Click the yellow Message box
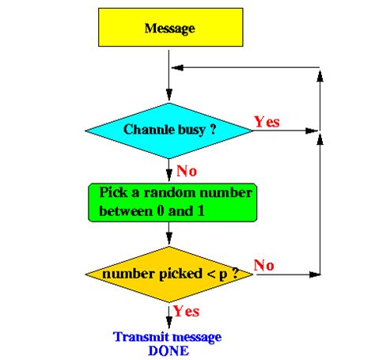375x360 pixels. pos(169,28)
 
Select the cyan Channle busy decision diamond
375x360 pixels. pos(169,129)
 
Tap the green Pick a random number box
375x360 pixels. pos(169,203)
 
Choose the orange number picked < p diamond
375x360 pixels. pos(169,274)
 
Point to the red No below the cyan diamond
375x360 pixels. pos(187,170)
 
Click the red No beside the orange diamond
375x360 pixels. pos(263,266)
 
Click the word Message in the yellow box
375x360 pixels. pos(169,28)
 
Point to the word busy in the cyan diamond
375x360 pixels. pos(187,129)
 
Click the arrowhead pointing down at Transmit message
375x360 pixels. pos(169,323)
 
